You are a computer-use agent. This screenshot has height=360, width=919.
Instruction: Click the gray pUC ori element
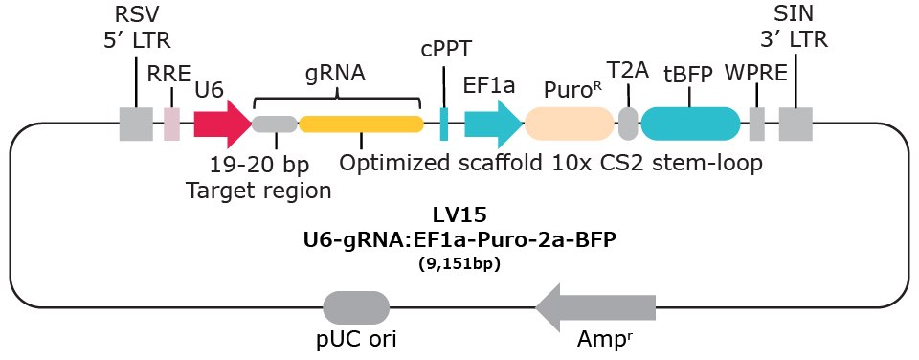coord(356,307)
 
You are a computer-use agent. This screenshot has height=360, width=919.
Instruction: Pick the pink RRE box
coord(171,124)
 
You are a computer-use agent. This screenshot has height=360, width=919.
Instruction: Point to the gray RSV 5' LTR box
coord(136,124)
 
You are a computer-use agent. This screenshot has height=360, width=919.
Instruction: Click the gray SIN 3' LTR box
coord(796,124)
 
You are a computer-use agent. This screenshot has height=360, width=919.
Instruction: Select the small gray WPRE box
coord(756,124)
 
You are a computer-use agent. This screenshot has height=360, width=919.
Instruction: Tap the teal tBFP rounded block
coord(690,124)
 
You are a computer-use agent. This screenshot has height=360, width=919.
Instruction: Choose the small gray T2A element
coord(628,124)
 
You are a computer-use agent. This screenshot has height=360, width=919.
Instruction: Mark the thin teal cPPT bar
coord(444,124)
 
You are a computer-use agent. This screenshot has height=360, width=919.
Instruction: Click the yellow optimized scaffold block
coord(362,124)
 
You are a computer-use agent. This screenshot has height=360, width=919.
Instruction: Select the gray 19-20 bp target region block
coord(275,124)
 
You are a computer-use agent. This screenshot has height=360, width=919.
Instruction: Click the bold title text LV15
coord(459,217)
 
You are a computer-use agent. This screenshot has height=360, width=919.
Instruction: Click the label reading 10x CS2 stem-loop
coord(658,163)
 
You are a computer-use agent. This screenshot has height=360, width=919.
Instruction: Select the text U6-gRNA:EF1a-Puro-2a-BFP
coord(459,241)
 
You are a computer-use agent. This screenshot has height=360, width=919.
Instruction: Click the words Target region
coord(258,189)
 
